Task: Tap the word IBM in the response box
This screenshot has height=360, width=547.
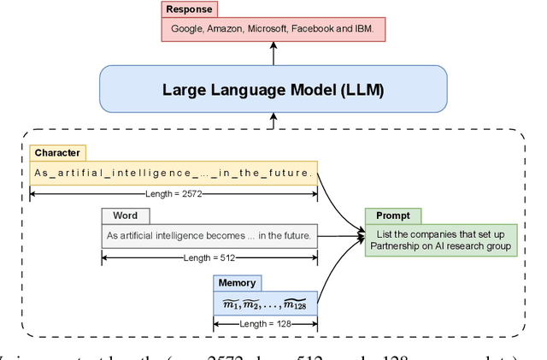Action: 373,28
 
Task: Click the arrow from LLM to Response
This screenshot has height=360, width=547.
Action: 273,53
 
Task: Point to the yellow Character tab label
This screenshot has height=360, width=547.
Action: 57,153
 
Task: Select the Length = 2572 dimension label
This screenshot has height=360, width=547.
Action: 174,195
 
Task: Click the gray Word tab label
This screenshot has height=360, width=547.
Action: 119,216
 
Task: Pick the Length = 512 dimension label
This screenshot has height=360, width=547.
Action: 209,257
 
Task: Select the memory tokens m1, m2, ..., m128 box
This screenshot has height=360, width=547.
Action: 265,303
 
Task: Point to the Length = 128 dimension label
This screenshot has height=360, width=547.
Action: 265,323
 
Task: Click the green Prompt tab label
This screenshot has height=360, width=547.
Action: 392,215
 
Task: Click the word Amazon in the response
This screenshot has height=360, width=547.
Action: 228,28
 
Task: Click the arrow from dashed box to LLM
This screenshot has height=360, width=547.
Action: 273,122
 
